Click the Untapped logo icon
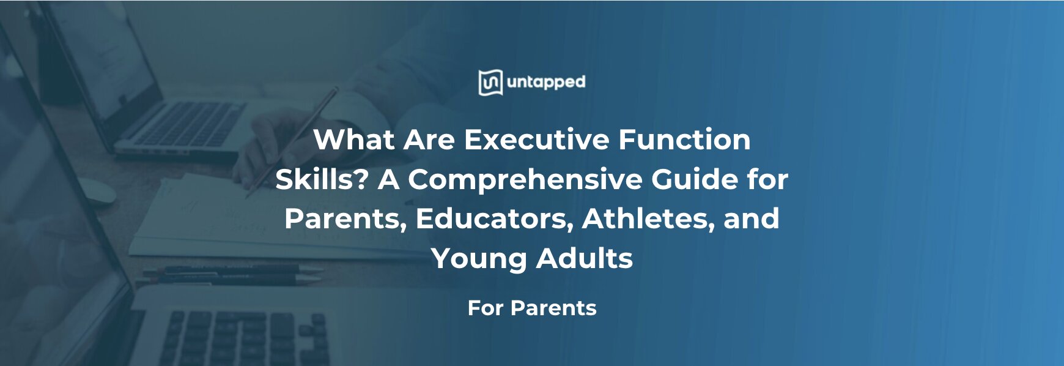(490, 83)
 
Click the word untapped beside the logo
(546, 82)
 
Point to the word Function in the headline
(684, 140)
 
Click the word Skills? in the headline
(322, 179)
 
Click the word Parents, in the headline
(345, 218)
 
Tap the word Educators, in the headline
(494, 218)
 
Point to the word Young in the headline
(479, 258)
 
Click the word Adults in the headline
(585, 258)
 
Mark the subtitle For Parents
(531, 308)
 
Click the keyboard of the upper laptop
(183, 125)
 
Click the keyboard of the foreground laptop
(245, 337)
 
